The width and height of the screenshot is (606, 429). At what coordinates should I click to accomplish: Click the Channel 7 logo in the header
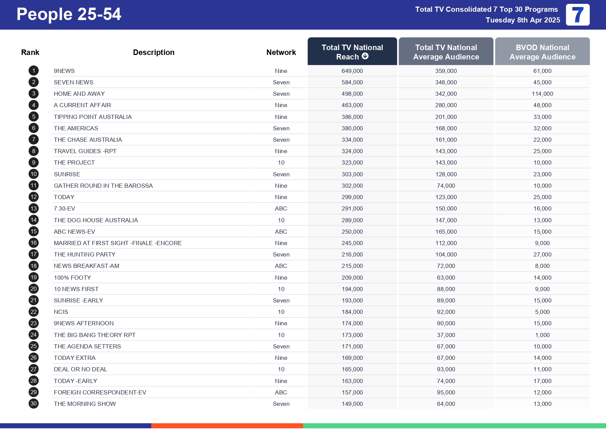click(x=577, y=15)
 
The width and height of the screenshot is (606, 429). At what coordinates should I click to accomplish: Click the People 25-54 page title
click(x=69, y=15)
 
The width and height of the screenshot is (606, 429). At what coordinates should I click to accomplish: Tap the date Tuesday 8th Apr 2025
click(x=523, y=20)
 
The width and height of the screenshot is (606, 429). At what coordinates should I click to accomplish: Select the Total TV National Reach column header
click(x=352, y=52)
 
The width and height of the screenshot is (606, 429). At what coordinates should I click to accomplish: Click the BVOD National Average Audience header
click(x=542, y=52)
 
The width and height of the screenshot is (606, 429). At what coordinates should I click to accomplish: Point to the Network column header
click(x=281, y=53)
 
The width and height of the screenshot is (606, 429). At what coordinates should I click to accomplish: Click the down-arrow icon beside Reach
click(x=365, y=56)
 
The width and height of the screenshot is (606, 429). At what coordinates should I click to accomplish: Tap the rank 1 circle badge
click(x=34, y=71)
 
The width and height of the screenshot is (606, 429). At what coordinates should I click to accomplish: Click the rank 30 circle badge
click(x=34, y=404)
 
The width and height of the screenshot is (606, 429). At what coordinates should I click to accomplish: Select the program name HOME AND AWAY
click(x=79, y=94)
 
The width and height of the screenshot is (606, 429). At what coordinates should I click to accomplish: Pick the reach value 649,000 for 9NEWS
click(x=352, y=71)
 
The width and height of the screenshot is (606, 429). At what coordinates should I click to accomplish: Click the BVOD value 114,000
click(x=542, y=94)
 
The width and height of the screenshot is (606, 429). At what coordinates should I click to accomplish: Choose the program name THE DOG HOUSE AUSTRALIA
click(x=96, y=220)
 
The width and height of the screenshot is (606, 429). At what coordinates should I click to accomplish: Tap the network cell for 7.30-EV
click(x=281, y=208)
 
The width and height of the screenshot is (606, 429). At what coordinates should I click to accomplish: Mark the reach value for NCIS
click(x=352, y=312)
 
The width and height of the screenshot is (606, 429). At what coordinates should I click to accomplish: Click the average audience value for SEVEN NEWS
click(x=446, y=82)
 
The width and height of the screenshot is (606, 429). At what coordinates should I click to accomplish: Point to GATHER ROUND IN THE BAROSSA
click(x=103, y=186)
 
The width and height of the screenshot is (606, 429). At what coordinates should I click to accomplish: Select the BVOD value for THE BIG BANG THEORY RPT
click(x=542, y=335)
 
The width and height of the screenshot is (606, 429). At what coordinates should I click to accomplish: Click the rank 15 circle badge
click(x=34, y=232)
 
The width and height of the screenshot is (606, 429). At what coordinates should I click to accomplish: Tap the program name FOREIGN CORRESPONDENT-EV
click(x=100, y=392)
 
